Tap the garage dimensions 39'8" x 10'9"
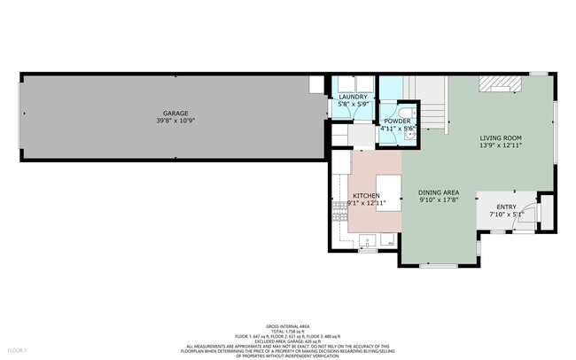pos(175,120)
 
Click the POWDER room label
pos(397,121)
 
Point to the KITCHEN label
pos(366,195)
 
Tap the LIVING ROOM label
pos(501,138)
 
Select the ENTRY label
pos(506,206)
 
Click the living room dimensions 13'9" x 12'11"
pos(501,145)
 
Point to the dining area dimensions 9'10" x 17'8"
pos(439,200)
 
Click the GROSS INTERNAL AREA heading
pos(288,327)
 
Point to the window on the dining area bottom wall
pos(439,266)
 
